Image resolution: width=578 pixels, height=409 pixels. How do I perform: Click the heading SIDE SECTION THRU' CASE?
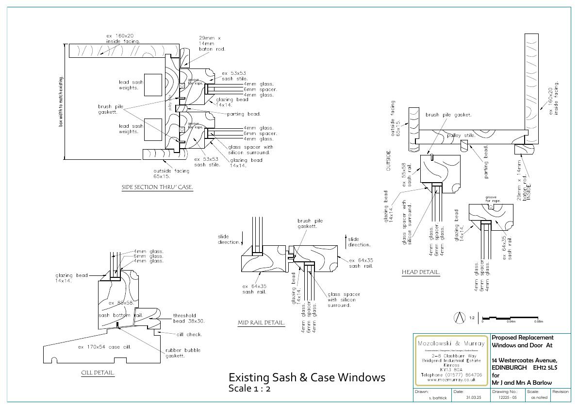click(157, 187)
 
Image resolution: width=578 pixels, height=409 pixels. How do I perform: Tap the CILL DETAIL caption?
click(98, 373)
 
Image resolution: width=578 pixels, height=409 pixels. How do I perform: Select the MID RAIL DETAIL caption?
click(261, 323)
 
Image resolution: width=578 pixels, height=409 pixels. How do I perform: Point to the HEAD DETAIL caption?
click(421, 273)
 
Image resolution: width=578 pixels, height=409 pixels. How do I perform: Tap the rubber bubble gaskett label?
click(183, 353)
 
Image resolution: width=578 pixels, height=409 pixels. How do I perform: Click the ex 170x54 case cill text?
click(105, 347)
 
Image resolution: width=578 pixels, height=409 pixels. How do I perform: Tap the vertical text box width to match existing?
click(61, 102)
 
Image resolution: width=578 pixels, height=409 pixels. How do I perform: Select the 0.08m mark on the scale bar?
click(538, 322)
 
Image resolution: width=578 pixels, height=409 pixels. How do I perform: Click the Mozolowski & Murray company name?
click(451, 343)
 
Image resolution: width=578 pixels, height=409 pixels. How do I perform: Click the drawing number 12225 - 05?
click(505, 397)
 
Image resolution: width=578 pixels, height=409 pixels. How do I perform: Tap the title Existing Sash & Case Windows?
click(307, 377)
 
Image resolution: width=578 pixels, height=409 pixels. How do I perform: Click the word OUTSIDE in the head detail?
click(388, 160)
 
